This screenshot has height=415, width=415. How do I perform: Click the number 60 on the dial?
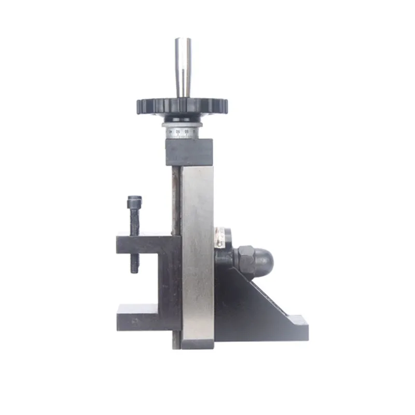(178, 132)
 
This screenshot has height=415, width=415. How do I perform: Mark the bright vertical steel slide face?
(197, 249)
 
